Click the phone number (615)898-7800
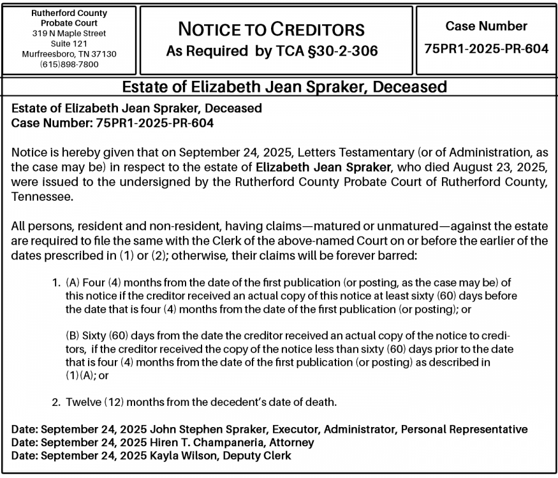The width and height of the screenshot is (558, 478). click(70, 64)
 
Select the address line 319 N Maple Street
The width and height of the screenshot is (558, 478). click(70, 33)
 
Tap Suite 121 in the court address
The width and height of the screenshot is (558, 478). click(70, 43)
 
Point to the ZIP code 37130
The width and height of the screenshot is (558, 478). click(104, 54)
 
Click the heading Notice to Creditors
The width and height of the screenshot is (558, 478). click(272, 29)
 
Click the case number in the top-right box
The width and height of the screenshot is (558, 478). click(486, 48)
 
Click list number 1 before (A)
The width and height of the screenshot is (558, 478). click(56, 282)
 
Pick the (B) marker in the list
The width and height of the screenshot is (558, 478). click(73, 335)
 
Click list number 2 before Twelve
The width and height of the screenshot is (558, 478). click(56, 402)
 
